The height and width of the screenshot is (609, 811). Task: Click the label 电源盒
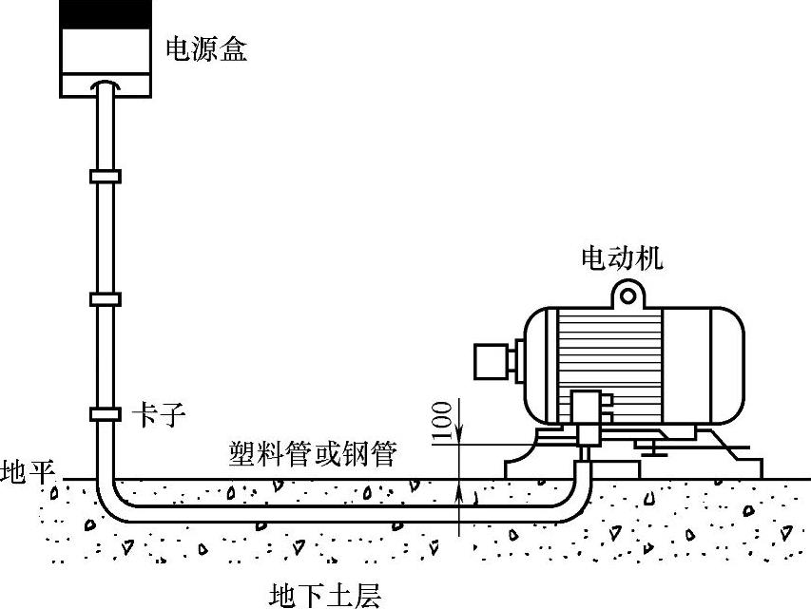tap(206, 49)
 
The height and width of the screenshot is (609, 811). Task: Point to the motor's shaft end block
tap(492, 359)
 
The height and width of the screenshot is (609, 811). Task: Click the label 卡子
tap(155, 415)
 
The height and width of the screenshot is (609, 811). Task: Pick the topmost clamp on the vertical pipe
tap(105, 176)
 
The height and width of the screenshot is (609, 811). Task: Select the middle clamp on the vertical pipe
tap(105, 299)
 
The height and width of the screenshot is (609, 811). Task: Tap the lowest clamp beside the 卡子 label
tap(105, 414)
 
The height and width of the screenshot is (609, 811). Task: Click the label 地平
tap(29, 470)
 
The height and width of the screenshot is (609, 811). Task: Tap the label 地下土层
tap(324, 596)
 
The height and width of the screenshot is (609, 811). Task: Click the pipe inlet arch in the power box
tap(105, 86)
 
